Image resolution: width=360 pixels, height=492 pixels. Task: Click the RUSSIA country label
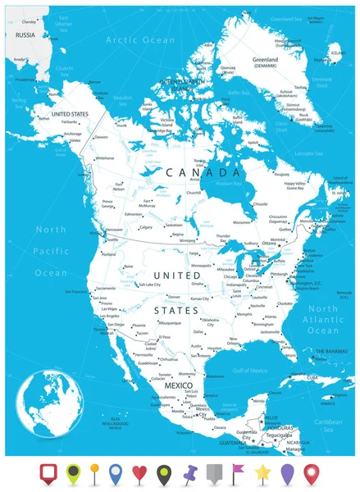pos(25,35)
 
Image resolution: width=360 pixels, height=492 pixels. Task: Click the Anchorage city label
pos(74,133)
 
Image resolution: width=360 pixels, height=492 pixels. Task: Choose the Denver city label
pos(173,296)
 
